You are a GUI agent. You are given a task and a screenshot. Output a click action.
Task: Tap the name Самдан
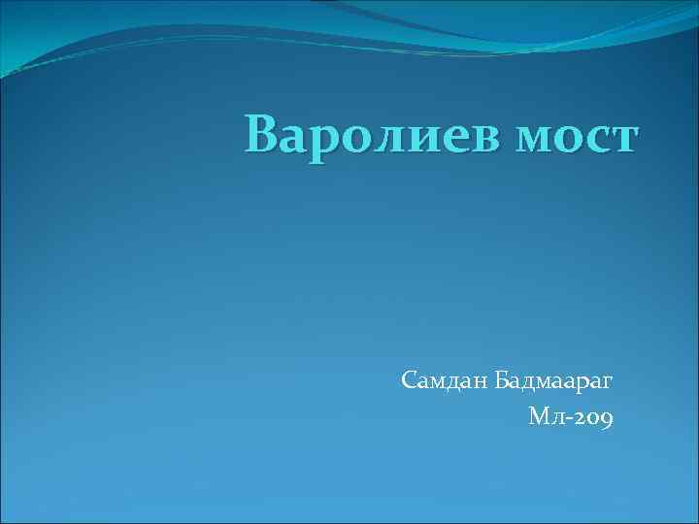[444, 381]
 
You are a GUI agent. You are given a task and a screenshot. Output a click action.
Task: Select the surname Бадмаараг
[553, 381]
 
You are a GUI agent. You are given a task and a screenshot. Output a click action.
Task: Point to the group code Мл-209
[570, 417]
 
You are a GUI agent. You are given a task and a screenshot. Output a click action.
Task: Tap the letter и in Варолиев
[419, 140]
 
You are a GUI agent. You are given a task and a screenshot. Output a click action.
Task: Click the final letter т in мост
[621, 140]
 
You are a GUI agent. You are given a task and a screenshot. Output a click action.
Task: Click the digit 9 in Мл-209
[605, 420]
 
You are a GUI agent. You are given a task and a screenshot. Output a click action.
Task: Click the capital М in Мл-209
[539, 417]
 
